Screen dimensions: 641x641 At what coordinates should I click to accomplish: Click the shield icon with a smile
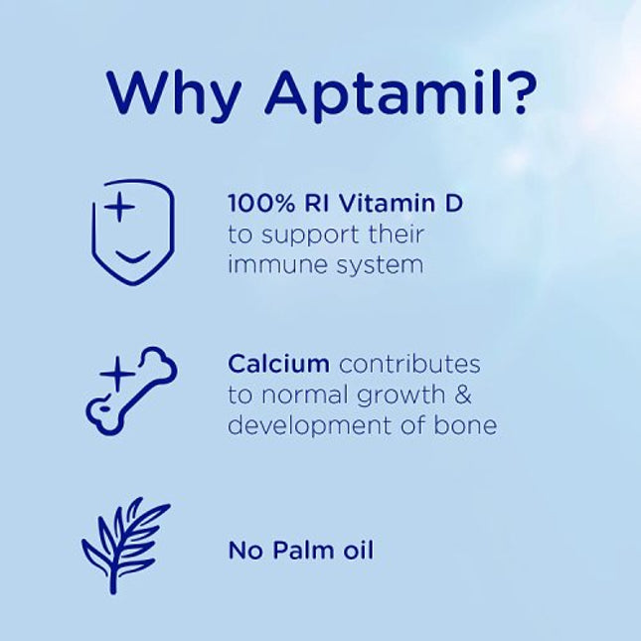point(132,233)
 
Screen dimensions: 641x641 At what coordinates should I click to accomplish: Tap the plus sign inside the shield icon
point(119,210)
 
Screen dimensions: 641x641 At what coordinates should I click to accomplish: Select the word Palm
point(301,550)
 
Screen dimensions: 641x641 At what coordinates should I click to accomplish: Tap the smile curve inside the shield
point(132,257)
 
